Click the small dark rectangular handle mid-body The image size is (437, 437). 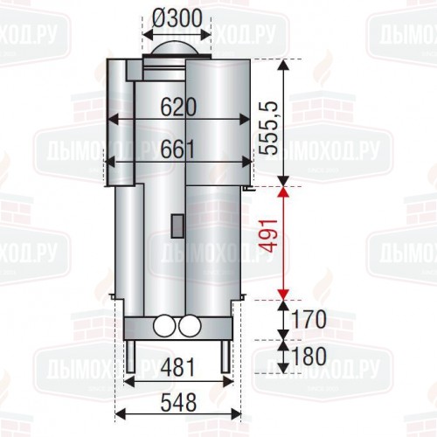click(177, 224)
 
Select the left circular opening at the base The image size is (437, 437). click(163, 328)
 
